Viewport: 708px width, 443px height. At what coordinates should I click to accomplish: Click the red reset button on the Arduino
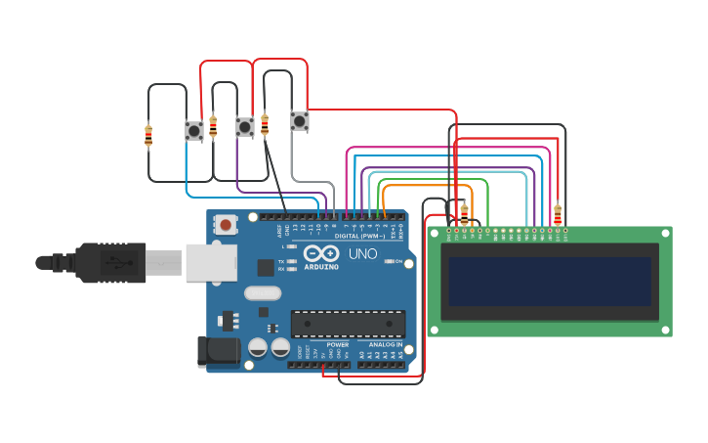click(x=227, y=225)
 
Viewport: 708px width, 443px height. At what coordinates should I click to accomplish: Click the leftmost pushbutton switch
click(x=194, y=130)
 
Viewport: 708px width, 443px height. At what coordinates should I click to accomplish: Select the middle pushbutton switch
click(x=245, y=127)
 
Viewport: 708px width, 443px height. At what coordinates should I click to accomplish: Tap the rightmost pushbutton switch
click(x=300, y=121)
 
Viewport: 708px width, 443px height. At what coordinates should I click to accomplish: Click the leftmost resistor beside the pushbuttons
click(x=148, y=135)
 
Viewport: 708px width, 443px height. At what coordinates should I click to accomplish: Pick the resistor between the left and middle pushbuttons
click(x=213, y=126)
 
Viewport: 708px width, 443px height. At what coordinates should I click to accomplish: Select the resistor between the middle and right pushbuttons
click(x=265, y=124)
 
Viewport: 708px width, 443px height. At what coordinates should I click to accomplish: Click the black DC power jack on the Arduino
click(x=217, y=352)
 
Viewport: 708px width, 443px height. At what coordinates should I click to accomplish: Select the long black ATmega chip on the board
click(x=348, y=324)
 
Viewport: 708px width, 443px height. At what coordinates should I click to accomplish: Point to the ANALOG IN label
click(x=382, y=344)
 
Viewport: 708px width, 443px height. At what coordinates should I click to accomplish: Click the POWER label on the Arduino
click(x=338, y=344)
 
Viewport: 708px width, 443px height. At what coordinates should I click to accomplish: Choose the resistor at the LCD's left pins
click(x=464, y=212)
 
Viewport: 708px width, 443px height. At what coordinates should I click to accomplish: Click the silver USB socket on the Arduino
click(x=211, y=262)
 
